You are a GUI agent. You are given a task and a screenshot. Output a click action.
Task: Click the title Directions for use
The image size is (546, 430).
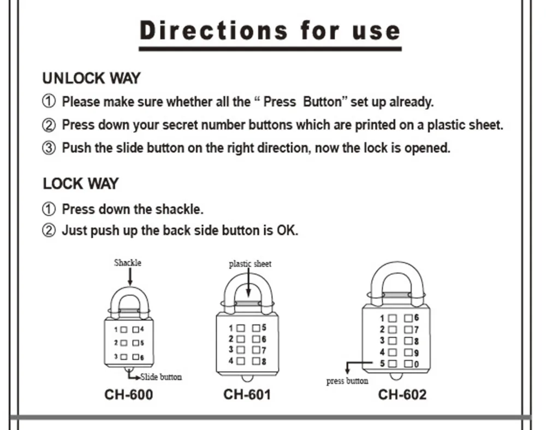270,31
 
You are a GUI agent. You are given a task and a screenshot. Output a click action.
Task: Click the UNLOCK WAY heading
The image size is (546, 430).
91,78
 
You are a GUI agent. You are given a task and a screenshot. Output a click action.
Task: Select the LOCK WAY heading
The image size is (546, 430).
80,184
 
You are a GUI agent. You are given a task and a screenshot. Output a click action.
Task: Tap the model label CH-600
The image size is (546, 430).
129,394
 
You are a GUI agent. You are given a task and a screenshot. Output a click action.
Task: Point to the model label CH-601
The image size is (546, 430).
247,394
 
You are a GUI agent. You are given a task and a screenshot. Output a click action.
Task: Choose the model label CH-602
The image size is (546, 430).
402,394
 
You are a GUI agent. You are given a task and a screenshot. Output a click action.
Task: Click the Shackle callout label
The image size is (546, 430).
127,263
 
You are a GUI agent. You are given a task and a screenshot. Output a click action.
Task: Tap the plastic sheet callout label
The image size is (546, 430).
250,264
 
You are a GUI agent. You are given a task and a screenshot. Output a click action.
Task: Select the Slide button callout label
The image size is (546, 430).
161,377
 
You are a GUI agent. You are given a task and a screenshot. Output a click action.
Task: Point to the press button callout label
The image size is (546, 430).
347,381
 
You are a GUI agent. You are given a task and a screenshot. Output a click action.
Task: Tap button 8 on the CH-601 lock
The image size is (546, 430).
256,361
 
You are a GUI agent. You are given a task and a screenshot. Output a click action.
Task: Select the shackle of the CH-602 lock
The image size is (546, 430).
397,273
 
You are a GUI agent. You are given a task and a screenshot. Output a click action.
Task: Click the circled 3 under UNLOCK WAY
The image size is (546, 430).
49,149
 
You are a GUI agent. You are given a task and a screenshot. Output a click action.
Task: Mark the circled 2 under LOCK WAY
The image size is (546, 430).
49,231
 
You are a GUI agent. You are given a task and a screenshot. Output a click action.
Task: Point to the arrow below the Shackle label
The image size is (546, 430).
129,276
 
